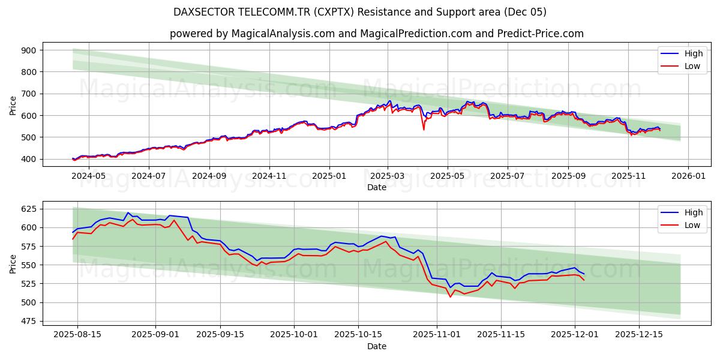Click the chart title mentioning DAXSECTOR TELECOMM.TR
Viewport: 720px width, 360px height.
(360, 12)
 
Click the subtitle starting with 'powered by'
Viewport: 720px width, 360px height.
(376, 34)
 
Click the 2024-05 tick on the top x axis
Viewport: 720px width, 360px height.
(89, 177)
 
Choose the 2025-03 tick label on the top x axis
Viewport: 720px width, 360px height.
(388, 177)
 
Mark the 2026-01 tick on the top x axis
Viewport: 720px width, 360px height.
(688, 177)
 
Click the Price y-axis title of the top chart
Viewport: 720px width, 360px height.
(13, 105)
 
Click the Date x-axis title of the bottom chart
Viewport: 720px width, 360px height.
(376, 346)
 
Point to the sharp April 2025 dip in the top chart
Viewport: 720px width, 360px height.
(424, 129)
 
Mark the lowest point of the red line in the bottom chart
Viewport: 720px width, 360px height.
(450, 296)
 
